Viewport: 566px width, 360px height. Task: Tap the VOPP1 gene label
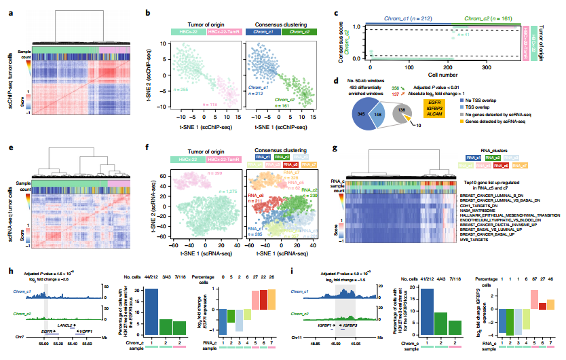click(x=89, y=312)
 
